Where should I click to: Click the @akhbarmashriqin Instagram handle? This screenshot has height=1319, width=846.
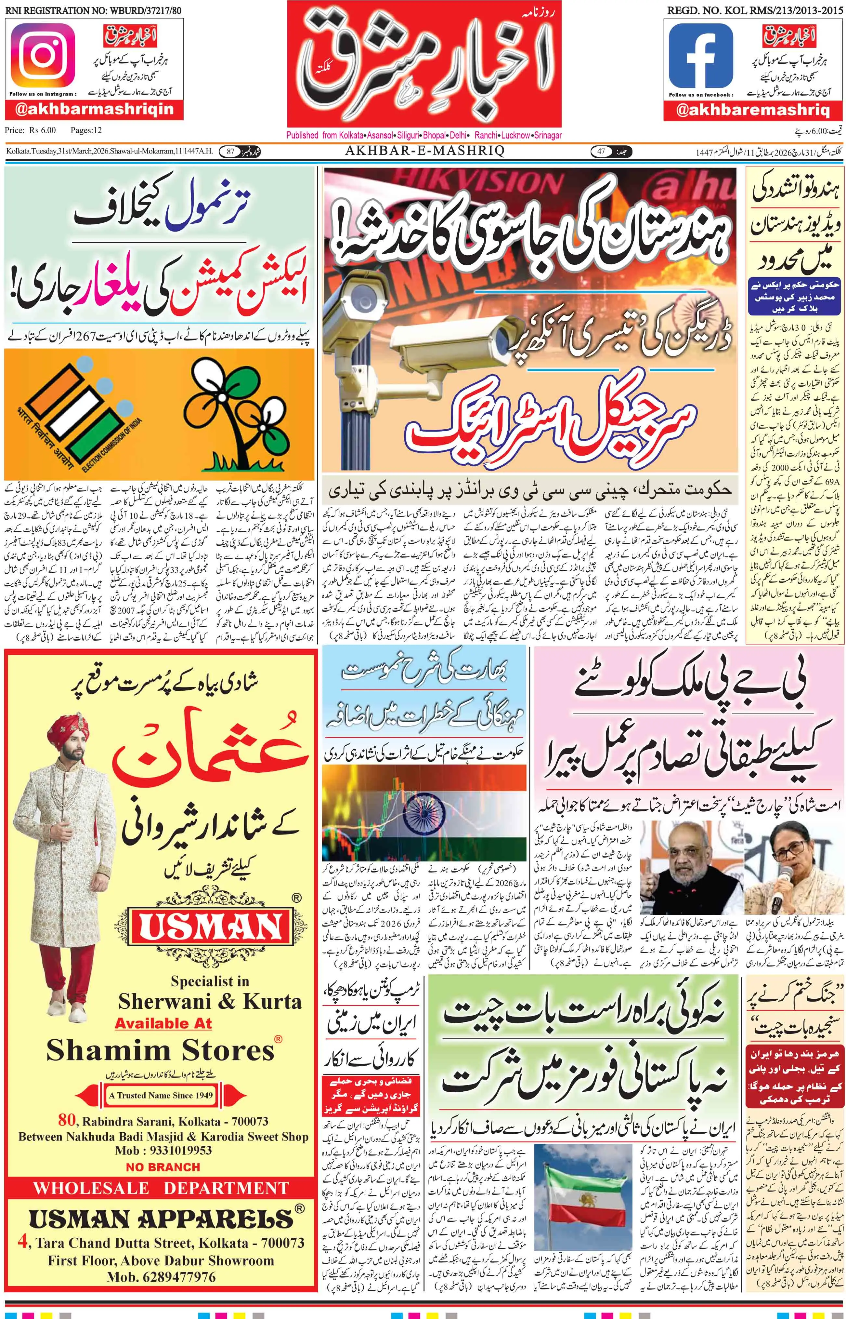tap(95, 109)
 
